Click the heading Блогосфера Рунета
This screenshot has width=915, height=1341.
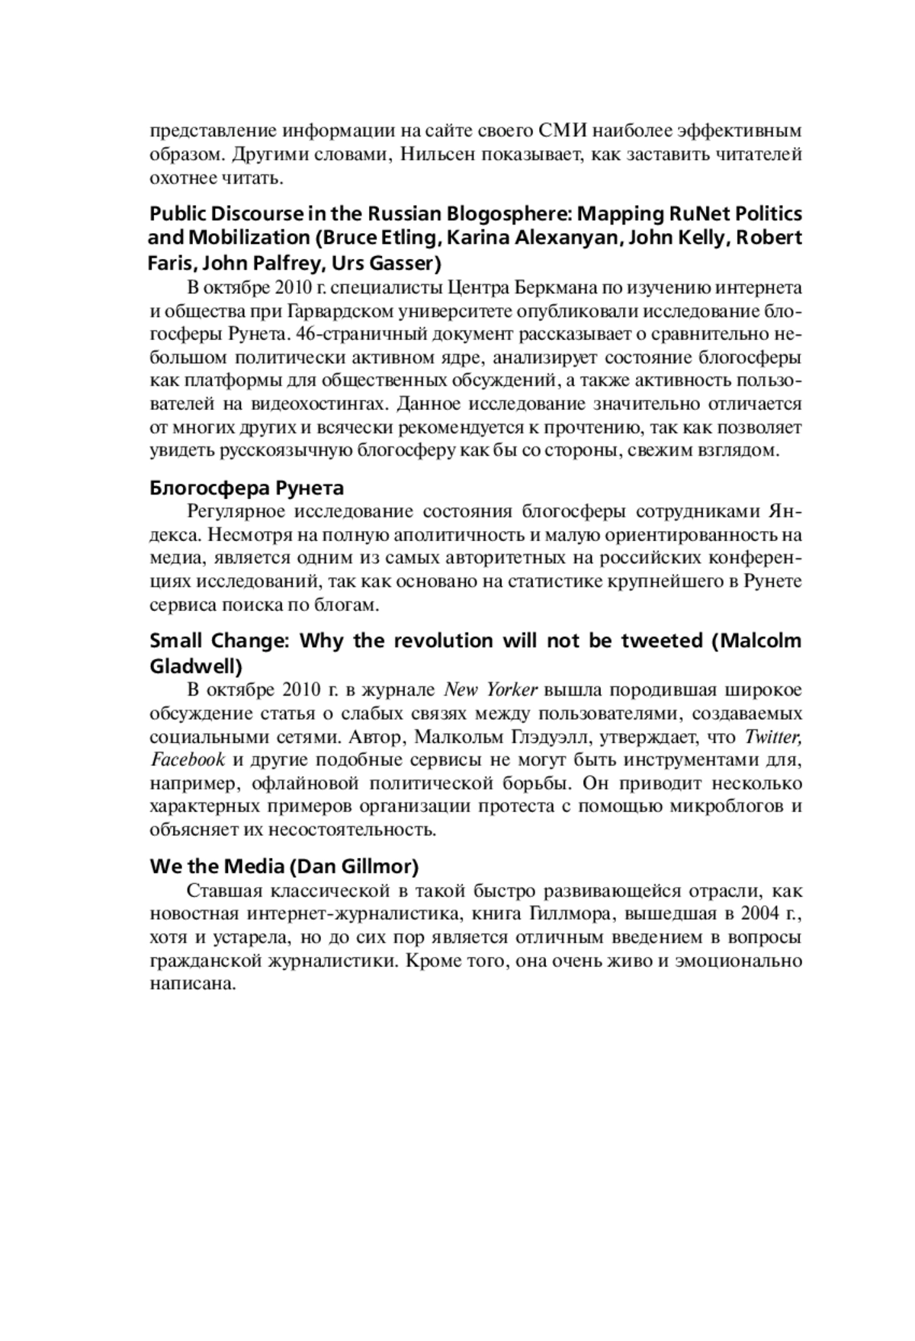tap(246, 488)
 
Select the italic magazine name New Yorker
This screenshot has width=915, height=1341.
tap(492, 690)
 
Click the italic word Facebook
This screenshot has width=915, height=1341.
tap(188, 760)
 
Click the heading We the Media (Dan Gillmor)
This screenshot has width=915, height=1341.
tap(284, 866)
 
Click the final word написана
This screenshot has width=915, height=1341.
tap(191, 984)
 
